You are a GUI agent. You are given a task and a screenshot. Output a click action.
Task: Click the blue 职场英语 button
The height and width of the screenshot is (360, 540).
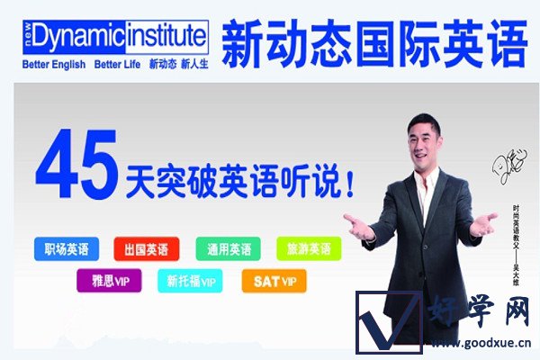[67, 248]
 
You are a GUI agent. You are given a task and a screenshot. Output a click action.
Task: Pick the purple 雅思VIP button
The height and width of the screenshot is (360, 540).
[109, 281]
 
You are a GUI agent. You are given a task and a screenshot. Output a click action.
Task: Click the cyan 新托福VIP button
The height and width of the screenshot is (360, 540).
[191, 281]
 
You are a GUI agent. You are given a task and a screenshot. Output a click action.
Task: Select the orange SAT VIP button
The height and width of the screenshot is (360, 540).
[273, 281]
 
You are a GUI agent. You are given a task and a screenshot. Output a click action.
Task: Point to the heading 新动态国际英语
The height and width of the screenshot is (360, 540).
[372, 43]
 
